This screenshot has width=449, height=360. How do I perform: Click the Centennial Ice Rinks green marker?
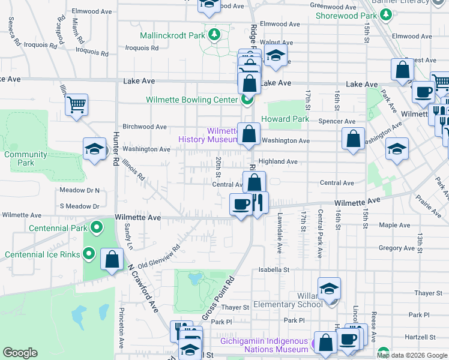click(x=89, y=254)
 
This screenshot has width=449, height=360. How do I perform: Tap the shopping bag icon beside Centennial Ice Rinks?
click(x=112, y=260)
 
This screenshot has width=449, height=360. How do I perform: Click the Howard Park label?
click(x=285, y=119)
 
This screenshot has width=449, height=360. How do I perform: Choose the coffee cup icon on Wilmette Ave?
click(x=241, y=205)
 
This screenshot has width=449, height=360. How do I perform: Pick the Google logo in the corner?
click(x=20, y=353)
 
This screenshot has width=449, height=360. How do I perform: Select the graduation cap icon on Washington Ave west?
click(x=94, y=149)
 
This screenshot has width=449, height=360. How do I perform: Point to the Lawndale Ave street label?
click(x=280, y=231)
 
